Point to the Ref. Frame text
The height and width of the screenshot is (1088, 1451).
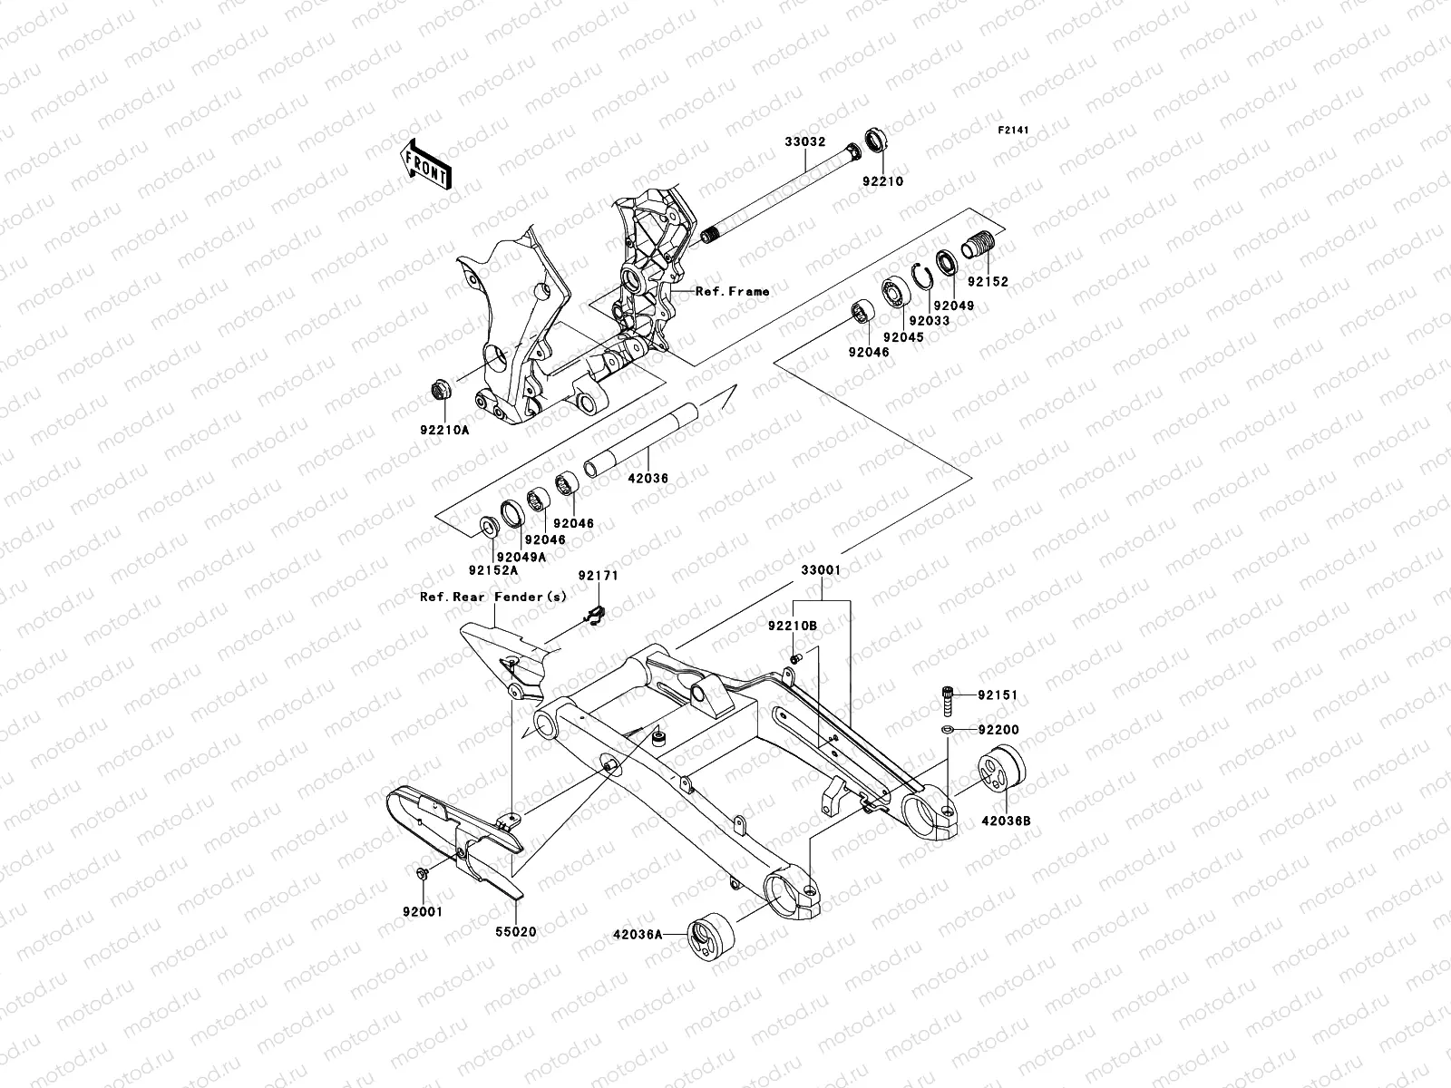(x=732, y=291)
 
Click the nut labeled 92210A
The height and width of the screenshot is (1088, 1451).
(x=439, y=391)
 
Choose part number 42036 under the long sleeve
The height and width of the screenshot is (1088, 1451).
(x=648, y=478)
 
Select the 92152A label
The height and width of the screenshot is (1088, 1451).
(x=493, y=570)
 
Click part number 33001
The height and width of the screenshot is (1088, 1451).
(x=820, y=571)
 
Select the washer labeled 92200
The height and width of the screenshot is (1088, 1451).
(x=946, y=730)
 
